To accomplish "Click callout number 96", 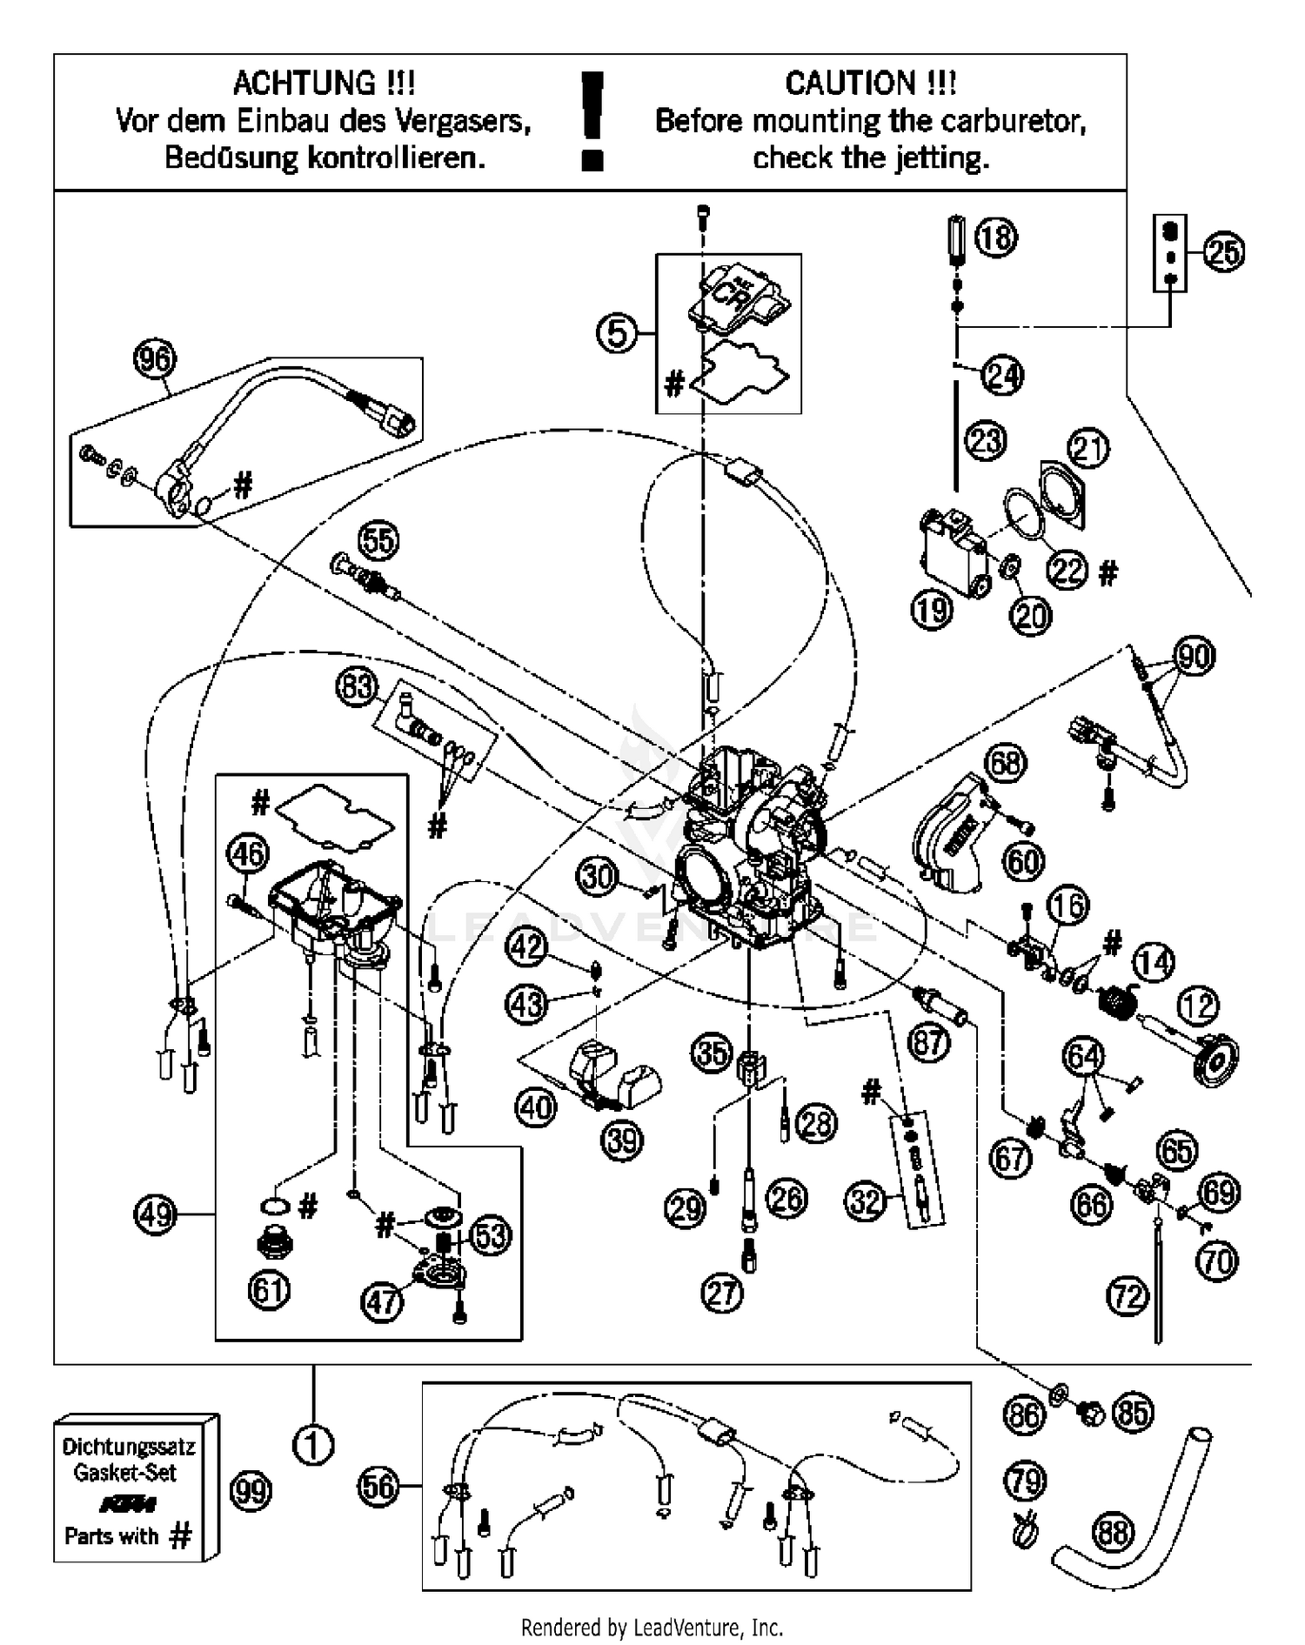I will point(155,358).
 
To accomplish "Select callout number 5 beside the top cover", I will point(617,333).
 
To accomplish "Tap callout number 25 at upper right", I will point(1224,253).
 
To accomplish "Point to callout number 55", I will point(378,541).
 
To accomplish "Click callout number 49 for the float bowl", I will point(156,1214).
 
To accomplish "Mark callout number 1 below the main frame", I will point(313,1446).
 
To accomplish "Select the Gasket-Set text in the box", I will point(125,1473).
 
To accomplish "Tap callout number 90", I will point(1194,656).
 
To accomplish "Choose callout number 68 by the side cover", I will point(1006,763).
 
